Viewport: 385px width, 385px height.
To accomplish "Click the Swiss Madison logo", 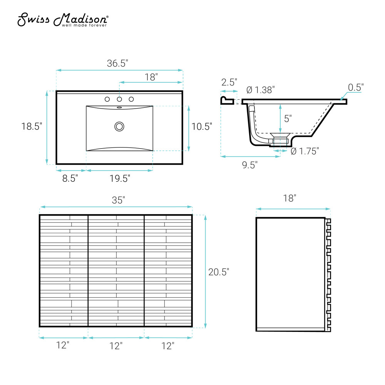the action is click(63, 20).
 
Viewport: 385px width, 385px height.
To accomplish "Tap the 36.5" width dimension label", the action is click(117, 64).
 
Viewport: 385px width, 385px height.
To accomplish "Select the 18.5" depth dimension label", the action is click(32, 126).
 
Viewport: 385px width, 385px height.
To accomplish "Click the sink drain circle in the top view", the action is click(119, 126).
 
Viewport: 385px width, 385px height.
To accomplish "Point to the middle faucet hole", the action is click(119, 99).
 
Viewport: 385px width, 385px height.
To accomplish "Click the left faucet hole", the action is click(107, 99).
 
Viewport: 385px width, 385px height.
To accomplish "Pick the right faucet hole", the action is click(131, 99).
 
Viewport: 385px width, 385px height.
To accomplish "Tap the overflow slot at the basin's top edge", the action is click(119, 107).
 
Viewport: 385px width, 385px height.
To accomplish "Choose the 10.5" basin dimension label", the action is click(202, 126).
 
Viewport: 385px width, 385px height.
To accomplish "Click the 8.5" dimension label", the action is click(70, 178).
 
